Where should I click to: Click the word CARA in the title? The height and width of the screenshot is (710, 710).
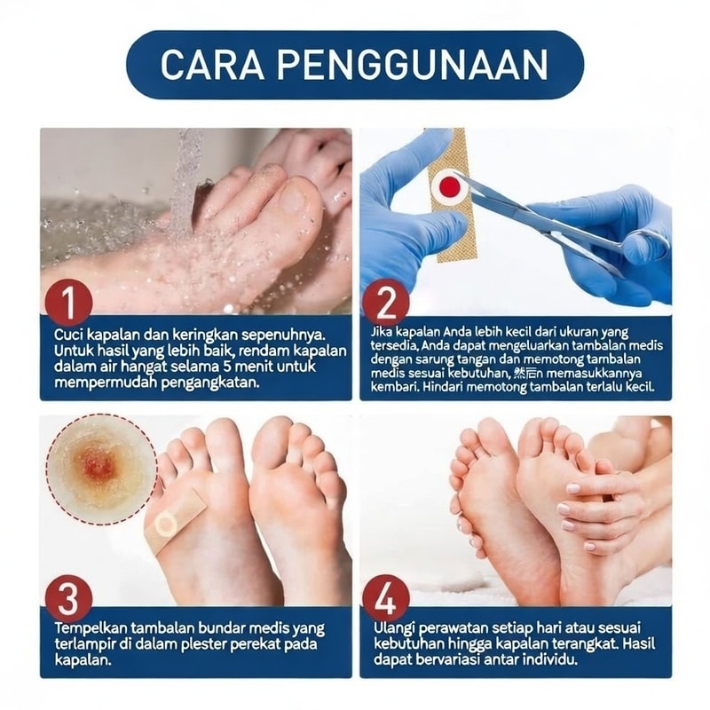[212, 65]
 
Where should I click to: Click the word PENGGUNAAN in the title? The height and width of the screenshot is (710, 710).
[413, 65]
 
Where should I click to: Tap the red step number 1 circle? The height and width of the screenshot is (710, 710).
[69, 303]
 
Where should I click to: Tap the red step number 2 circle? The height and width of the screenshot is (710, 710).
[386, 303]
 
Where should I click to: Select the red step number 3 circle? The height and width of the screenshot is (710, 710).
[69, 598]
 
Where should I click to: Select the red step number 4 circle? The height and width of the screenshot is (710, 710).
[386, 598]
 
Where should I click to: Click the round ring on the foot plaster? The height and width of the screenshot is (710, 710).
[165, 524]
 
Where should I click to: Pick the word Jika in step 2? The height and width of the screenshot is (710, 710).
[382, 332]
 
